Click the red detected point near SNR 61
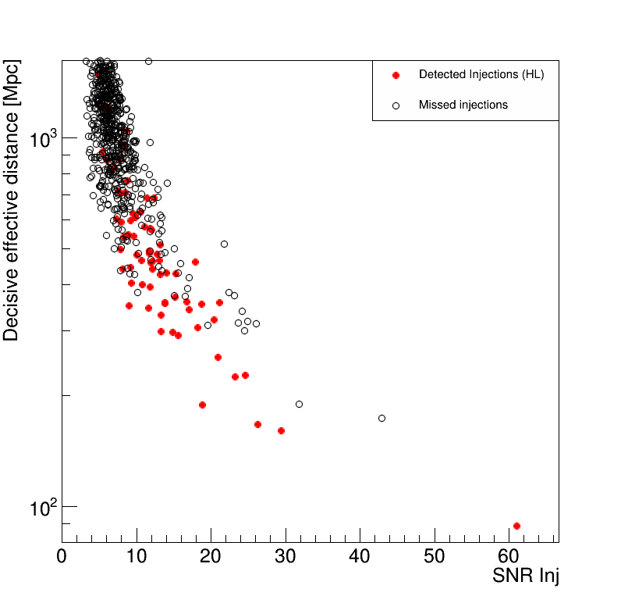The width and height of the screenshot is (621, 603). (516, 526)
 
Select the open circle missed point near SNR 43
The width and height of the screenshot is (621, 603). (381, 418)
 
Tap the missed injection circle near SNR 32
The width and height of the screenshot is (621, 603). (299, 404)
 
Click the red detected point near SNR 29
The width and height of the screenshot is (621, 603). (281, 430)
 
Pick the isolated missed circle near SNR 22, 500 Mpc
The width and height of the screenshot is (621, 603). (224, 244)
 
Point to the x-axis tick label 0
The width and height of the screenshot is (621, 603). (62, 558)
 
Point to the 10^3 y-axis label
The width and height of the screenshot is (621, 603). (43, 138)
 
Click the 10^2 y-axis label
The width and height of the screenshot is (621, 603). (43, 508)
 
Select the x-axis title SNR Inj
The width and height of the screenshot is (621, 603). (525, 576)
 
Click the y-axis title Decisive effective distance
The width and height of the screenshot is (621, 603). (12, 201)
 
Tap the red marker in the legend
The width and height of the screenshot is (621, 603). (396, 75)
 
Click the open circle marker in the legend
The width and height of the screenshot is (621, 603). (396, 105)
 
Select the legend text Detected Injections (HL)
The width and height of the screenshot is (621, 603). (481, 75)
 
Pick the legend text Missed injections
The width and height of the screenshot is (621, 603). (463, 105)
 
